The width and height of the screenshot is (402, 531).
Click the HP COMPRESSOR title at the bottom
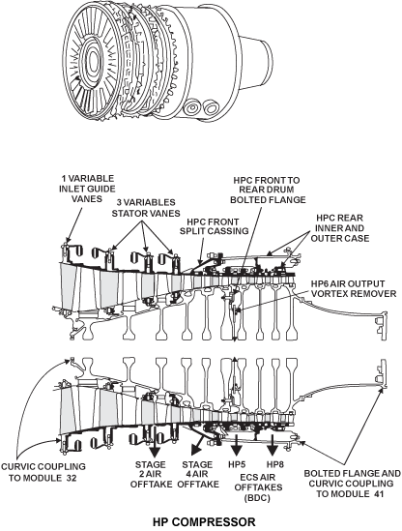tap(204, 522)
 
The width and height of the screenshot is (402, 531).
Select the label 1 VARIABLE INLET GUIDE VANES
tap(87, 189)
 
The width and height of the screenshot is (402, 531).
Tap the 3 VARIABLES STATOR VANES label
tap(146, 208)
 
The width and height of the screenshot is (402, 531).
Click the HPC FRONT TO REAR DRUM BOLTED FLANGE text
tap(268, 190)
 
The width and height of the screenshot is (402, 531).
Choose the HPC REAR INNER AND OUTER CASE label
tap(340, 228)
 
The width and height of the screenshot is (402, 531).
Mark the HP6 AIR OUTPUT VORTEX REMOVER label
tap(354, 288)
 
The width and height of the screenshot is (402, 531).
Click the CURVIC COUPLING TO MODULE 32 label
tap(43, 472)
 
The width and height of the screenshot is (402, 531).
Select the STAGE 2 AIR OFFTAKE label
tap(151, 474)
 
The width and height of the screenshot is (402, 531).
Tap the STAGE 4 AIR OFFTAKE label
tap(198, 474)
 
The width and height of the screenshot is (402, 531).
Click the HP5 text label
tap(237, 464)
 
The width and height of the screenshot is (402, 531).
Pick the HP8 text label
tap(275, 464)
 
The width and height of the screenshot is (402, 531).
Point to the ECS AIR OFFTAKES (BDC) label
tap(258, 487)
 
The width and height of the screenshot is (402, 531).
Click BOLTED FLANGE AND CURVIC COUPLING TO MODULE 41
tap(352, 484)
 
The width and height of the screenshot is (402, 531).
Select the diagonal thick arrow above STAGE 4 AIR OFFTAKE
tap(198, 444)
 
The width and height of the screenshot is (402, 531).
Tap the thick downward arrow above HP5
tap(237, 445)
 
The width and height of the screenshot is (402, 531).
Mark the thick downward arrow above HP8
tap(273, 445)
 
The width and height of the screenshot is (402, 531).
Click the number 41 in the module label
tap(378, 494)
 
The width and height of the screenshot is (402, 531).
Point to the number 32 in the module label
tap(71, 478)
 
